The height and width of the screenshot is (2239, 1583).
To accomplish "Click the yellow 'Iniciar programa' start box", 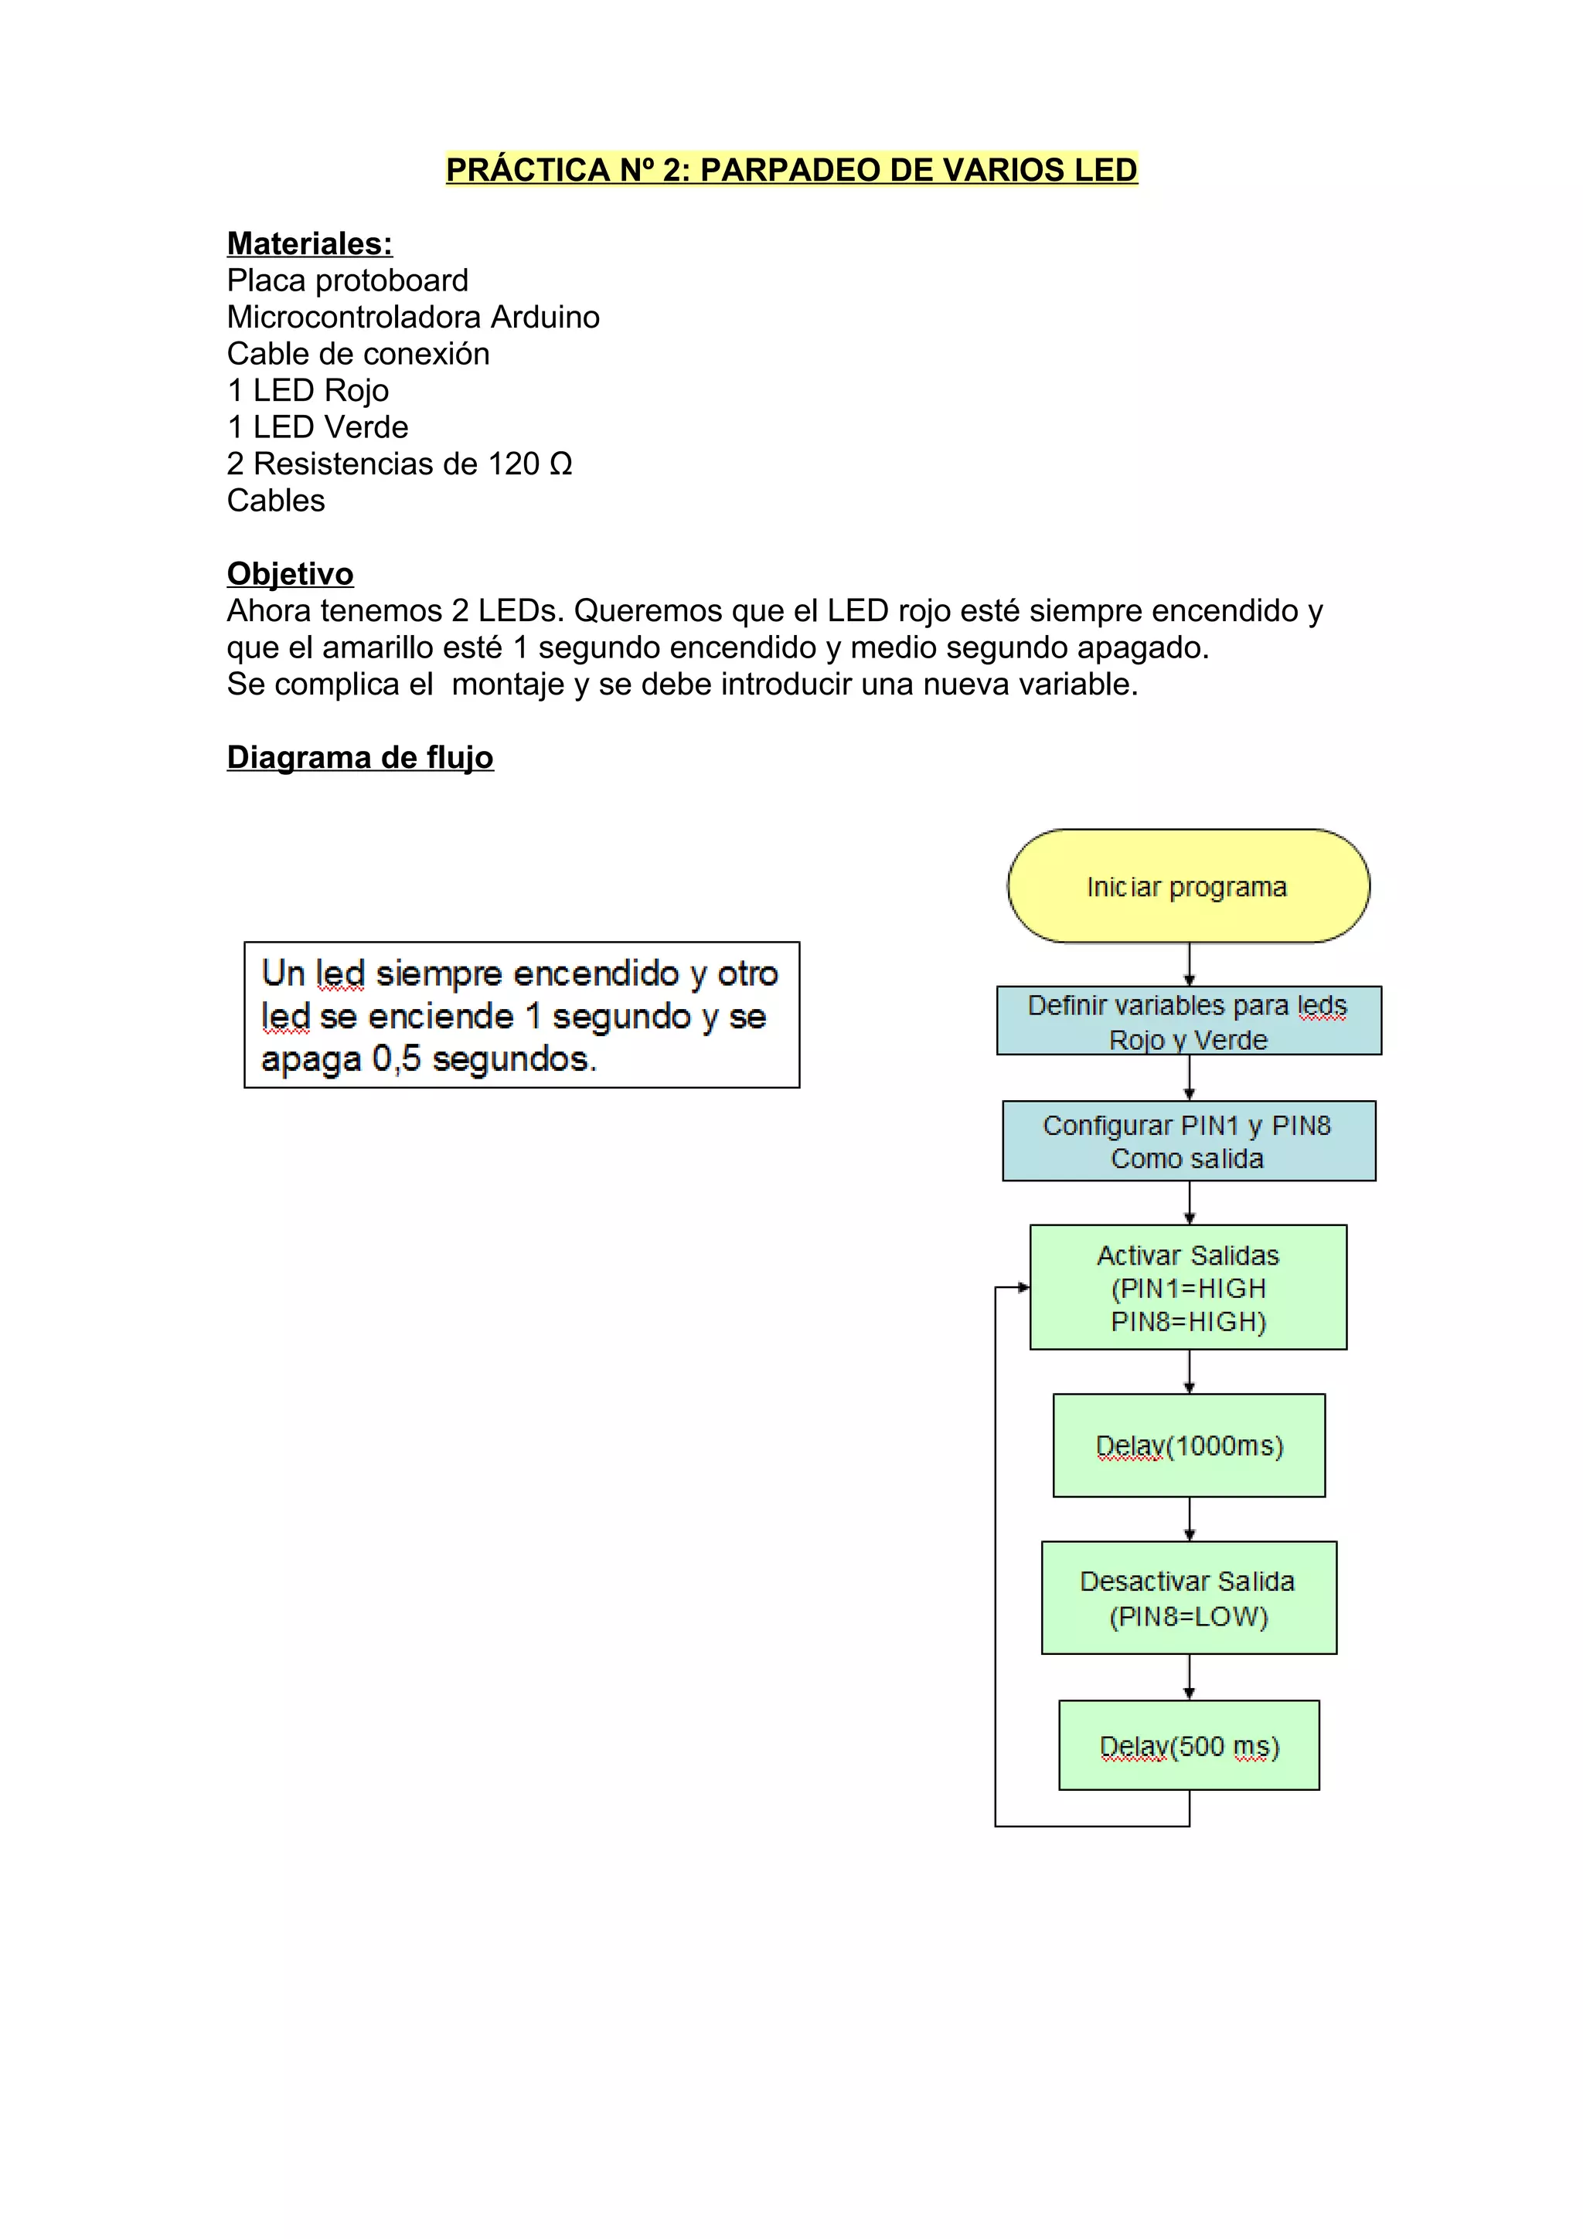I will [1188, 885].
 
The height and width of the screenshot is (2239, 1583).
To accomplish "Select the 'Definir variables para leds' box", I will [1188, 1020].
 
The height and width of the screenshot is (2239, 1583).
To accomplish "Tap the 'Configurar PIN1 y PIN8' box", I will [1188, 1141].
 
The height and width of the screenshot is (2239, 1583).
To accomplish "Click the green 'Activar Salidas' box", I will [1188, 1287].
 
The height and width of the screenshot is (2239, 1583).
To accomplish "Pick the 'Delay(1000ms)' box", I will [1188, 1446].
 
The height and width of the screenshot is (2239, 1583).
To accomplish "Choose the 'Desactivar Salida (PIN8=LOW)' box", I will [1188, 1597].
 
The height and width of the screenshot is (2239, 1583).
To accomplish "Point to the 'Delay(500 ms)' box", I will [1188, 1745].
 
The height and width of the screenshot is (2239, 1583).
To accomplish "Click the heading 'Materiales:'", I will [309, 244].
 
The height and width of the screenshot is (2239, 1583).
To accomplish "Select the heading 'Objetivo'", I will [290, 573].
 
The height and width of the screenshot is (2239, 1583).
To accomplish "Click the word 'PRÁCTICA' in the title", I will [528, 170].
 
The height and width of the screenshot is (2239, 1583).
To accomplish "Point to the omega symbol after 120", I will [561, 464].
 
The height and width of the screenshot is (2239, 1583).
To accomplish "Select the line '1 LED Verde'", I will [317, 427].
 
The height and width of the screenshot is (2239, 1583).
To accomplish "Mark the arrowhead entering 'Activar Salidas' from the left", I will [1023, 1287].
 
